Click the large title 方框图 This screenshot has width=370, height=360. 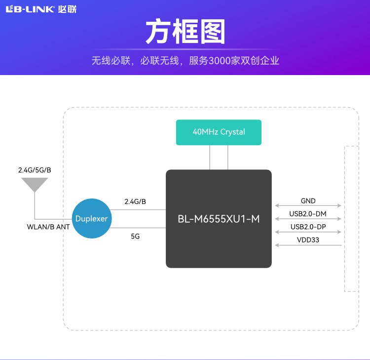[185, 32]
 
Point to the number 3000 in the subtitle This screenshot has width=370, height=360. [219, 61]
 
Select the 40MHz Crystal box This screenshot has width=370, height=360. [219, 132]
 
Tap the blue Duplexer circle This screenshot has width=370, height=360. [91, 219]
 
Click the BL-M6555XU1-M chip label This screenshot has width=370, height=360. [219, 219]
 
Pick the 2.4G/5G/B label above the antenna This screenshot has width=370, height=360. [35, 170]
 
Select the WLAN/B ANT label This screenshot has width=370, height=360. [48, 227]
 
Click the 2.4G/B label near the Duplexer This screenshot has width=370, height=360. [135, 201]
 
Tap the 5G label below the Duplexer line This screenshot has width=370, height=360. [135, 237]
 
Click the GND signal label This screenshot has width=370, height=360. [308, 201]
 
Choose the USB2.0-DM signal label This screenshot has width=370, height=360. [308, 214]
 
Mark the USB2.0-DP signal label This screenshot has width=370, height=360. [308, 227]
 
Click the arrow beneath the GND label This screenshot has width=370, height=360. [308, 205]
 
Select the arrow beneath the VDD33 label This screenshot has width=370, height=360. [308, 245]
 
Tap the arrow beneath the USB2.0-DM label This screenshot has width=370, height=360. [308, 219]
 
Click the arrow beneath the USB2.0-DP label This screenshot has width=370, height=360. [308, 232]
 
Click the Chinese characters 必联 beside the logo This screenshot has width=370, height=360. [67, 9]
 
